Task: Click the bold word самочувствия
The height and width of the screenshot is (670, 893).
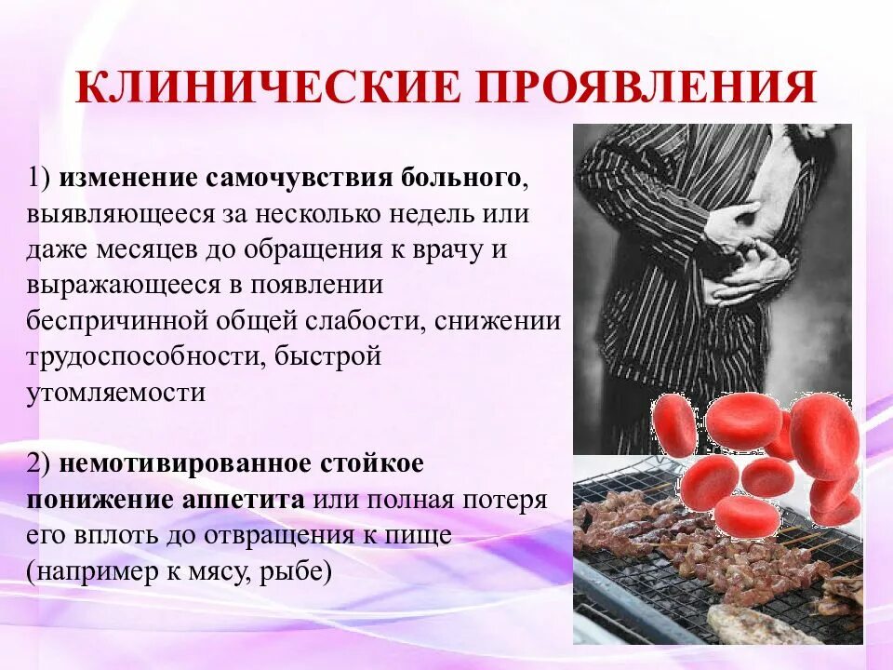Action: (303, 177)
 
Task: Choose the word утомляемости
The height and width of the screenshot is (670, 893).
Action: (115, 392)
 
